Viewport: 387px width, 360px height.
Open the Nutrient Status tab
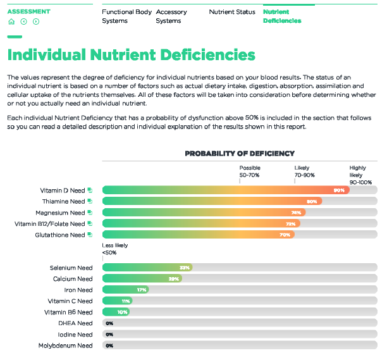232,12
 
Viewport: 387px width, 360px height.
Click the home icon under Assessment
11,22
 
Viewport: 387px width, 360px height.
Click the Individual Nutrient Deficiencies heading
132,55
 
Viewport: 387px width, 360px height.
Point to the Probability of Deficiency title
240,153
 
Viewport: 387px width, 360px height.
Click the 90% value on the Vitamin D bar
339,190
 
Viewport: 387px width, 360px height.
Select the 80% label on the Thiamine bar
312,201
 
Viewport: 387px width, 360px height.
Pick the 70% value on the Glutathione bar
285,235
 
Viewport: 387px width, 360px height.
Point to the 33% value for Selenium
185,268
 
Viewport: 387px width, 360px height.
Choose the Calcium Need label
72,279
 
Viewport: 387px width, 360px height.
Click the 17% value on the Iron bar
142,290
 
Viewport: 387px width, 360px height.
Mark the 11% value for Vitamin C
126,301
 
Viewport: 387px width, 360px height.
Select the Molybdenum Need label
65,345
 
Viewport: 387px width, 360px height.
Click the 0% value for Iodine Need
109,335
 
